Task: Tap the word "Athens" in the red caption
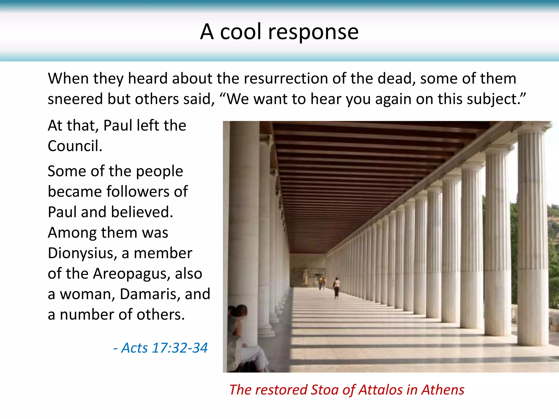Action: pyautogui.click(x=442, y=390)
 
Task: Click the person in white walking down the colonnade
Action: pyautogui.click(x=337, y=287)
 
